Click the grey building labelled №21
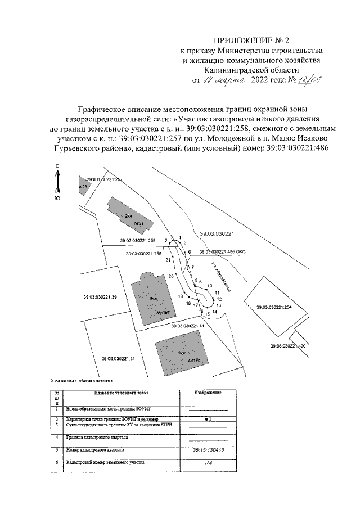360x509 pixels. tap(130, 218)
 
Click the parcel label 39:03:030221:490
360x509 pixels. tap(287, 345)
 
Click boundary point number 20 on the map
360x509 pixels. tap(171, 276)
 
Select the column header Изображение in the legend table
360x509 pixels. tap(206, 392)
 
